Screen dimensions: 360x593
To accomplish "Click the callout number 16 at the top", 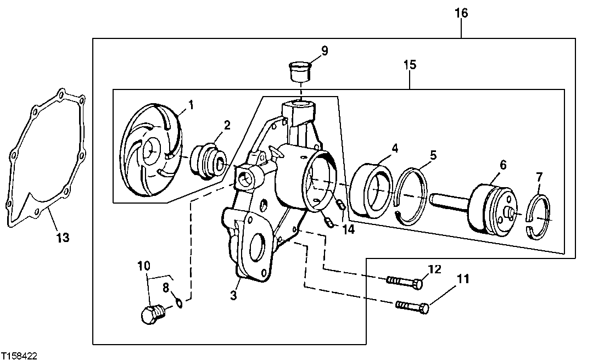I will tap(461, 13).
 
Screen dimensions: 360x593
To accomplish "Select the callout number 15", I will tap(410, 65).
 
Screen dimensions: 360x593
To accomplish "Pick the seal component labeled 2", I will tap(210, 161).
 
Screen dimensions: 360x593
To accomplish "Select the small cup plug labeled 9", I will tap(300, 71).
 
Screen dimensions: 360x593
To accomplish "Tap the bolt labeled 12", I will tap(405, 283).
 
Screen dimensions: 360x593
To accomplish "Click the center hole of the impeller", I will tap(150, 150).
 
